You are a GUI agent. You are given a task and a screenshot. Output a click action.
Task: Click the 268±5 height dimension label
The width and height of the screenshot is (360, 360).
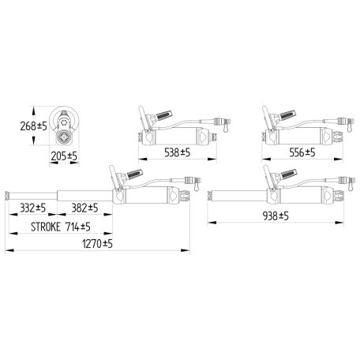(33, 126)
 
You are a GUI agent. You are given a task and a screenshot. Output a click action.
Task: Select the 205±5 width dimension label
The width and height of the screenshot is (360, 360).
(64, 156)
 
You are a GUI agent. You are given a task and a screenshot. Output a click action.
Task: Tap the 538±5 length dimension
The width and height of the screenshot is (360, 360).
(177, 152)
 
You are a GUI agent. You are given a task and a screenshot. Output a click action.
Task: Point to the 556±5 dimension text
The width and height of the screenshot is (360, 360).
(302, 152)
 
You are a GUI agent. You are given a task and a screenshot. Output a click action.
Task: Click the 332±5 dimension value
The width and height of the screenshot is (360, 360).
(33, 208)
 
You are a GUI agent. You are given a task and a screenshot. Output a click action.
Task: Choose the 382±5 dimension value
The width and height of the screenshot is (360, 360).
(84, 208)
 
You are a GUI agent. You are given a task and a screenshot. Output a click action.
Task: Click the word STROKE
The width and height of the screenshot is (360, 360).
(46, 227)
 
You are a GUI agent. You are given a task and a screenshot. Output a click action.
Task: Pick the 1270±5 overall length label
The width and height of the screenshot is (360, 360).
(97, 244)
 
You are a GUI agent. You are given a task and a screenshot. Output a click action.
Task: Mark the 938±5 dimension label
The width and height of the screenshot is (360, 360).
(276, 216)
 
